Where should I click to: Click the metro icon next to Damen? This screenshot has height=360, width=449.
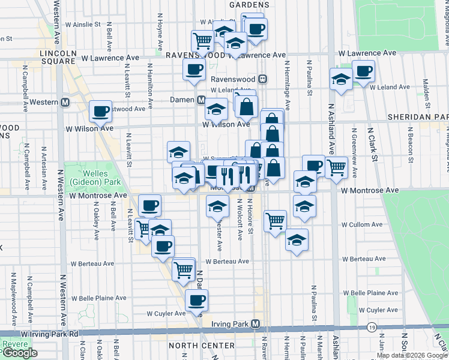click(x=202, y=100)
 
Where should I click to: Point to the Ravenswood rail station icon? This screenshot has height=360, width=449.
click(x=262, y=79)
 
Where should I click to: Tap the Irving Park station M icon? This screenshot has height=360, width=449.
click(x=256, y=324)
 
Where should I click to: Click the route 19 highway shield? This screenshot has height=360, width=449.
click(x=372, y=327)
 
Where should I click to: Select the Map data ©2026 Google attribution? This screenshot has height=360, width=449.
click(x=412, y=356)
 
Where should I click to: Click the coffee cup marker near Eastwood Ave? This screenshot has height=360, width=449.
click(x=100, y=110)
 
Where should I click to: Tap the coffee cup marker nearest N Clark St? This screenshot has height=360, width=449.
click(x=363, y=71)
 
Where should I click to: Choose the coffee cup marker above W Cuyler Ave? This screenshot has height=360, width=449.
click(x=196, y=299)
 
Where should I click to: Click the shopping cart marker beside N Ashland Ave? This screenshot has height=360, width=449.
click(x=337, y=167)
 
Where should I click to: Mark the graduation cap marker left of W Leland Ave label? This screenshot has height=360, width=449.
click(x=340, y=79)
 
